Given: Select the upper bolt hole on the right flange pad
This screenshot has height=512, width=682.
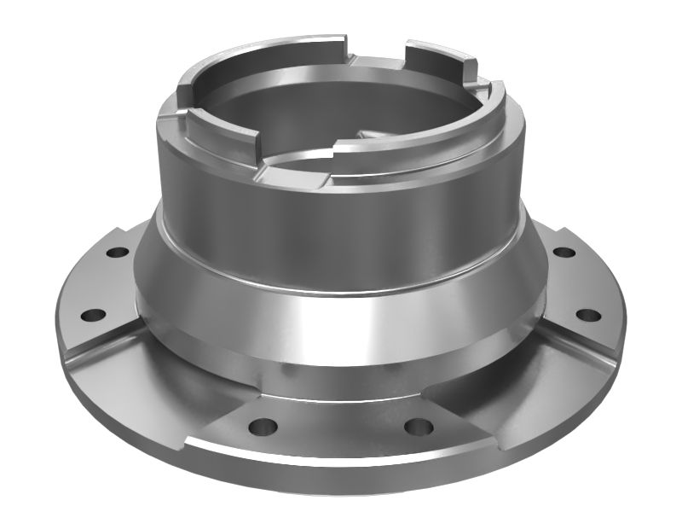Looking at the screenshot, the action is (563, 253).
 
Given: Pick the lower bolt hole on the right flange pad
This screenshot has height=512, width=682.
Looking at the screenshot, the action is (585, 315).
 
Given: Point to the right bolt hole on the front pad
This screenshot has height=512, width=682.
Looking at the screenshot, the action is (414, 424).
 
